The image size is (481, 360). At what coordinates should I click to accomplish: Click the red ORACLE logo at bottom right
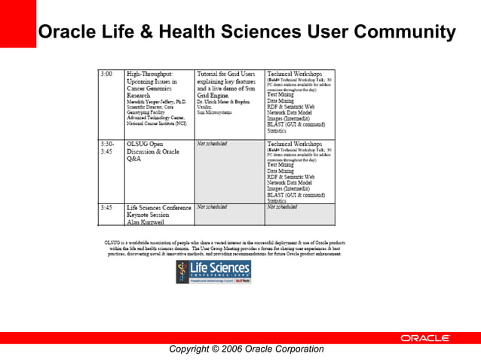coord(424,338)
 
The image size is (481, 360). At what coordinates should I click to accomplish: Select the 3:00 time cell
coord(107,75)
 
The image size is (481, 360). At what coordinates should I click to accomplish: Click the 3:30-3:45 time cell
coord(109,147)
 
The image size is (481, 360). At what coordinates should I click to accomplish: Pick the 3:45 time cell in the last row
coord(107,207)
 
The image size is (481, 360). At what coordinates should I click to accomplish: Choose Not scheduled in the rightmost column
coord(282,206)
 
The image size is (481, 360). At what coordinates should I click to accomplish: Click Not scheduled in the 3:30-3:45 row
coord(212,143)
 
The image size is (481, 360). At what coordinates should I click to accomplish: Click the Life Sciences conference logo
coord(213,271)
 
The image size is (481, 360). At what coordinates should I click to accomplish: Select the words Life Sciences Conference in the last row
coord(158,207)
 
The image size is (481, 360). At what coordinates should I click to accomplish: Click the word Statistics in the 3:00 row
coord(277,130)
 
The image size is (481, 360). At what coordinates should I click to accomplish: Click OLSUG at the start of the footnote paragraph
coord(112,243)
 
